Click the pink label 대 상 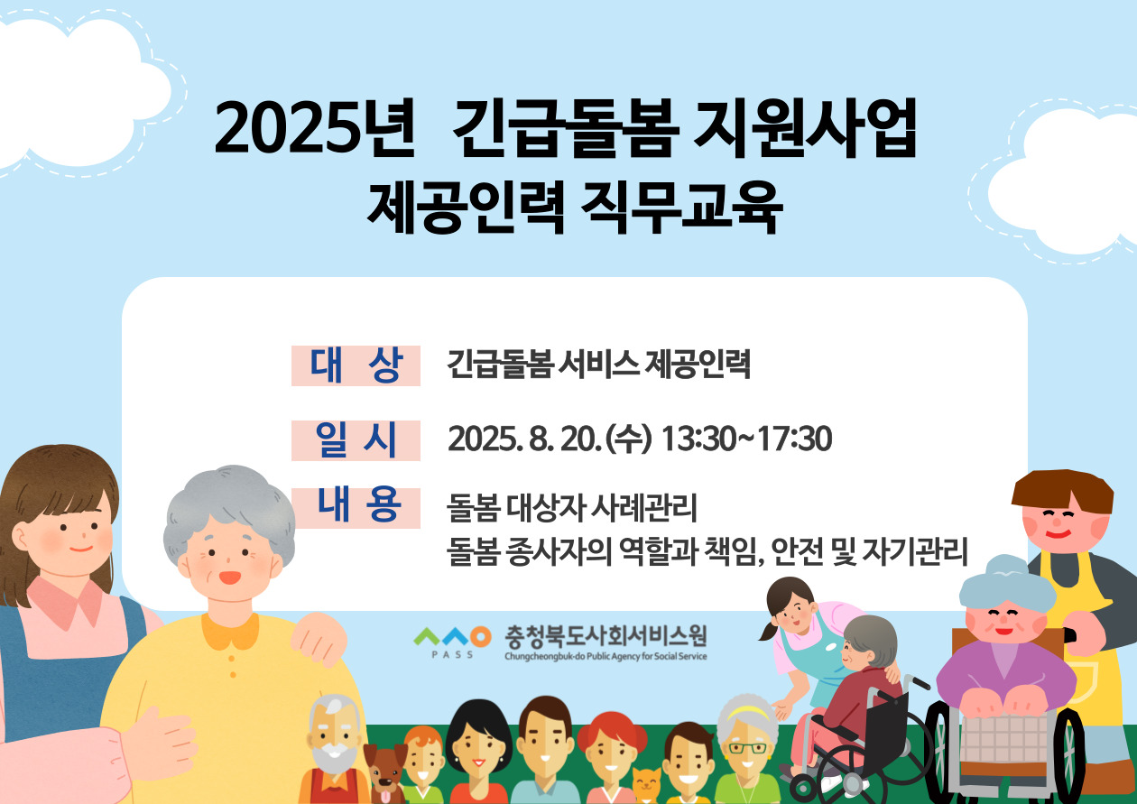coord(356,365)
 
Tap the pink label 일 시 coord(356,440)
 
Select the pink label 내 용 coord(356,508)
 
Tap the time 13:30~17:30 coord(746,439)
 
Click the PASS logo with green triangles coord(452,642)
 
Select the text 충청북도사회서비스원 coord(605,636)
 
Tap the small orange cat coord(647,785)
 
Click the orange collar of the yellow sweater coord(230,632)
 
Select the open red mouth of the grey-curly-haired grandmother coord(229,578)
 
